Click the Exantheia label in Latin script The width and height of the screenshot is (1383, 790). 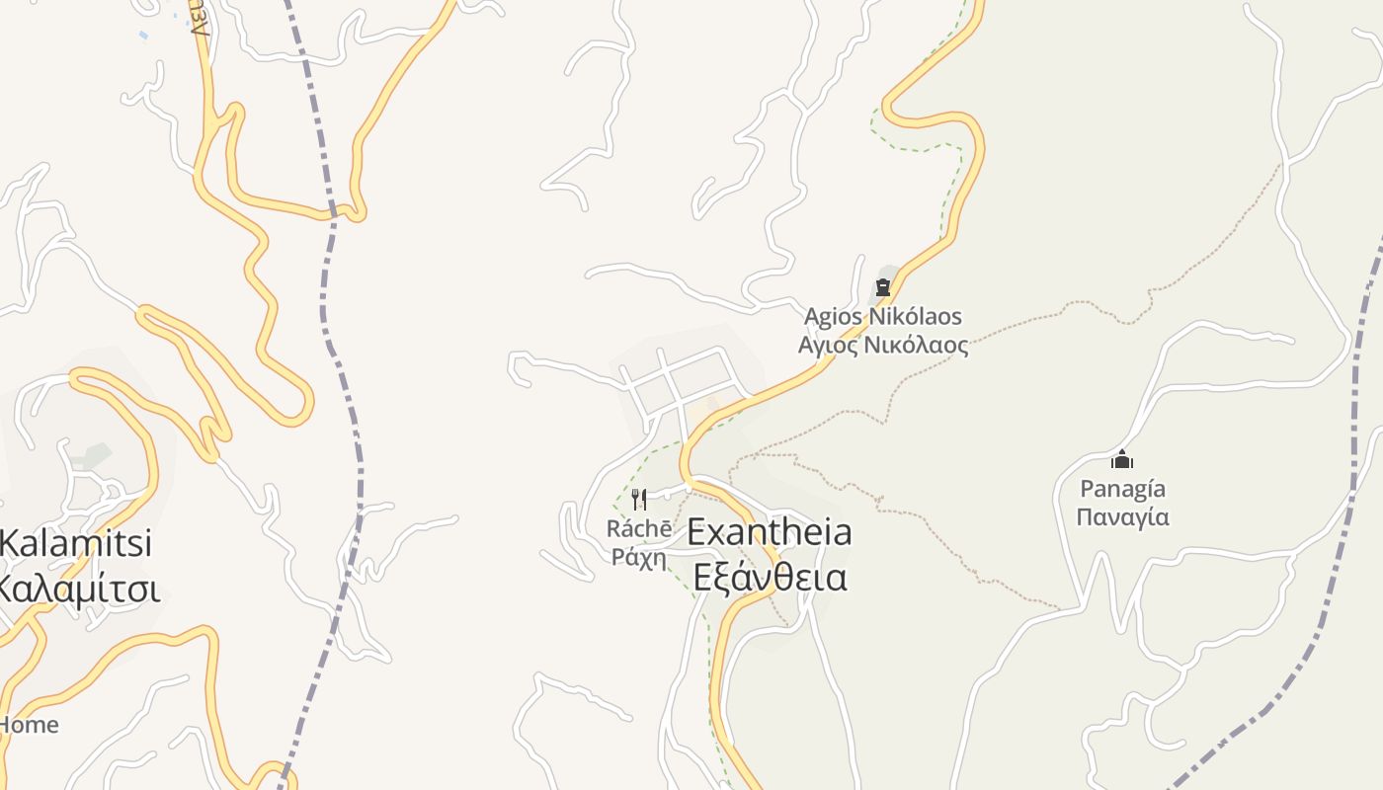[769, 532]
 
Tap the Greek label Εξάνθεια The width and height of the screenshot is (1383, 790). [770, 577]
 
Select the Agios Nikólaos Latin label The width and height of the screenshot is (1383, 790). [882, 317]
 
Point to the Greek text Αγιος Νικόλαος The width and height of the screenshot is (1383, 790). [883, 346]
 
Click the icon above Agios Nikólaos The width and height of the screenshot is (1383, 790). [883, 287]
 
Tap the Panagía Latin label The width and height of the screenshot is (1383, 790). [1122, 489]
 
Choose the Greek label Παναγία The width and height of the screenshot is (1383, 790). [1122, 517]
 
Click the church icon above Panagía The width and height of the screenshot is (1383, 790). [1121, 459]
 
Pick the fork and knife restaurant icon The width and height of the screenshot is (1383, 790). [639, 500]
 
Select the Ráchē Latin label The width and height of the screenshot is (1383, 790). [639, 529]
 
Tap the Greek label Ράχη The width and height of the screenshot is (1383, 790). [639, 557]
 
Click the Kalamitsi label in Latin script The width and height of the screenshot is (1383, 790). [75, 543]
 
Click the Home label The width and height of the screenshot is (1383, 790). [29, 724]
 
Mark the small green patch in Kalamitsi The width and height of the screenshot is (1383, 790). [94, 455]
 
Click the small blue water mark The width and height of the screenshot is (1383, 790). [144, 36]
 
